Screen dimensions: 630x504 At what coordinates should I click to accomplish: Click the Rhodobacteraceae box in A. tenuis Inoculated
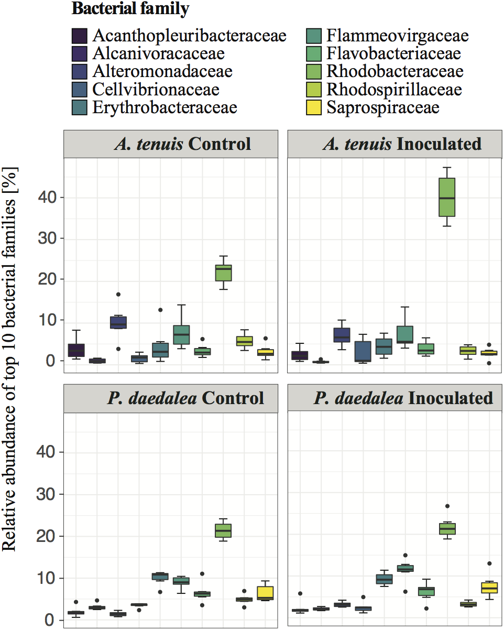click(x=447, y=197)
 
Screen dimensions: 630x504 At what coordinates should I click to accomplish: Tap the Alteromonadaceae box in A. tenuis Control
click(x=118, y=322)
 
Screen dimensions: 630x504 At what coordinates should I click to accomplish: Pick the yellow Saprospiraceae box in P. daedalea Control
click(x=266, y=592)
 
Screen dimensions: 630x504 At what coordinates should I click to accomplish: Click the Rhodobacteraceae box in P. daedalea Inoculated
click(x=447, y=528)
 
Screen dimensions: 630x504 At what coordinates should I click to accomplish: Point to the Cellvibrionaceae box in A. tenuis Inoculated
click(x=363, y=351)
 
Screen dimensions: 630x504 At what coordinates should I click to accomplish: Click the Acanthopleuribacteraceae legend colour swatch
click(x=79, y=36)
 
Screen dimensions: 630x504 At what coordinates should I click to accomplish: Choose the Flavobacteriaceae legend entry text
click(x=393, y=53)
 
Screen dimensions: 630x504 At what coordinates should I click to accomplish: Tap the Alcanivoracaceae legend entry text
click(x=158, y=53)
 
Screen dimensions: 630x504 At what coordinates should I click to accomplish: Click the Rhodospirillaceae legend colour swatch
click(x=313, y=90)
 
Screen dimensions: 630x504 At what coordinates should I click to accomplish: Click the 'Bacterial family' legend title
click(x=130, y=9)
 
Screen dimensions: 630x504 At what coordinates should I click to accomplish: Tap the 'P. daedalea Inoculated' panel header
click(x=403, y=398)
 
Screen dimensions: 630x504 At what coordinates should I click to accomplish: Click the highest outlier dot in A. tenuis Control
click(x=118, y=294)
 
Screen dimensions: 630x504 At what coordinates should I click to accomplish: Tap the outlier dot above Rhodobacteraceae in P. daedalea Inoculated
click(x=447, y=506)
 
